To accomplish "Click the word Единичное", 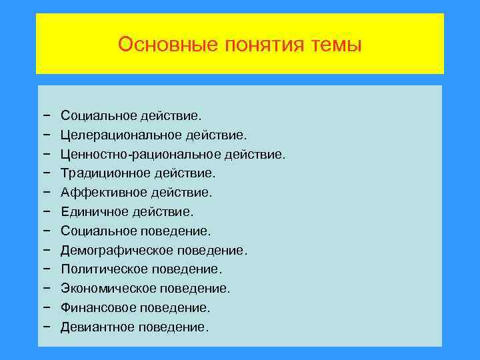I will [92, 212].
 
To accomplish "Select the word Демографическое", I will [117, 251].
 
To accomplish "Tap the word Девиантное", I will [97, 327].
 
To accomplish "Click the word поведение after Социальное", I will [175, 231].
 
